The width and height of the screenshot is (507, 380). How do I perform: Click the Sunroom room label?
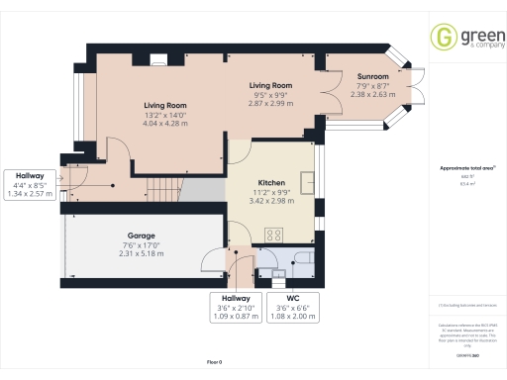click(x=372, y=75)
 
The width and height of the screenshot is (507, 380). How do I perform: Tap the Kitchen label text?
click(x=271, y=184)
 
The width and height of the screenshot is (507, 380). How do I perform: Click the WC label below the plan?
click(x=292, y=297)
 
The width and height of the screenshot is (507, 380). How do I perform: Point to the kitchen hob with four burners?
click(x=273, y=236)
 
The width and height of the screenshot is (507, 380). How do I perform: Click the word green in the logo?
click(x=474, y=37)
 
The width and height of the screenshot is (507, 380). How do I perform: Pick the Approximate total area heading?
click(x=465, y=168)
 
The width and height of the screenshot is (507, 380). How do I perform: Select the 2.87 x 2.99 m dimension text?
click(x=270, y=103)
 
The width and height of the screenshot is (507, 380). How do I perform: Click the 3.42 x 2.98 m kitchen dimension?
click(x=271, y=200)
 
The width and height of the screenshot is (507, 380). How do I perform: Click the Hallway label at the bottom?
click(x=236, y=297)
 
